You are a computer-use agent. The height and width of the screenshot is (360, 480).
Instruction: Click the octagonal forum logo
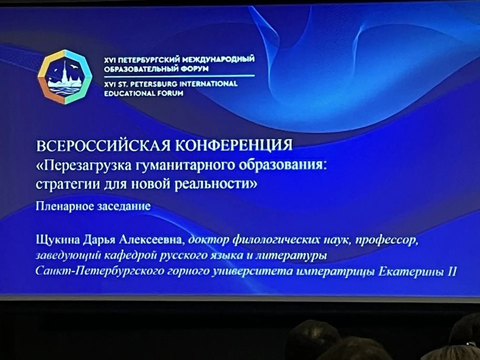click(65, 77)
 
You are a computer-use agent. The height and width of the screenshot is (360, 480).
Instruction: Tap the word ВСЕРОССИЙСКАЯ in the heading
click(103, 146)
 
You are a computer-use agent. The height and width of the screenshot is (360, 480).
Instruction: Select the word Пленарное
click(64, 206)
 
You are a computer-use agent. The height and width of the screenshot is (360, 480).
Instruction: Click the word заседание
click(124, 206)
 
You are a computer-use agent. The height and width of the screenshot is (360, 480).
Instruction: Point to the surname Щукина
click(58, 240)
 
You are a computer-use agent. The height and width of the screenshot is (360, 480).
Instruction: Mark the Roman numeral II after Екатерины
click(452, 271)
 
